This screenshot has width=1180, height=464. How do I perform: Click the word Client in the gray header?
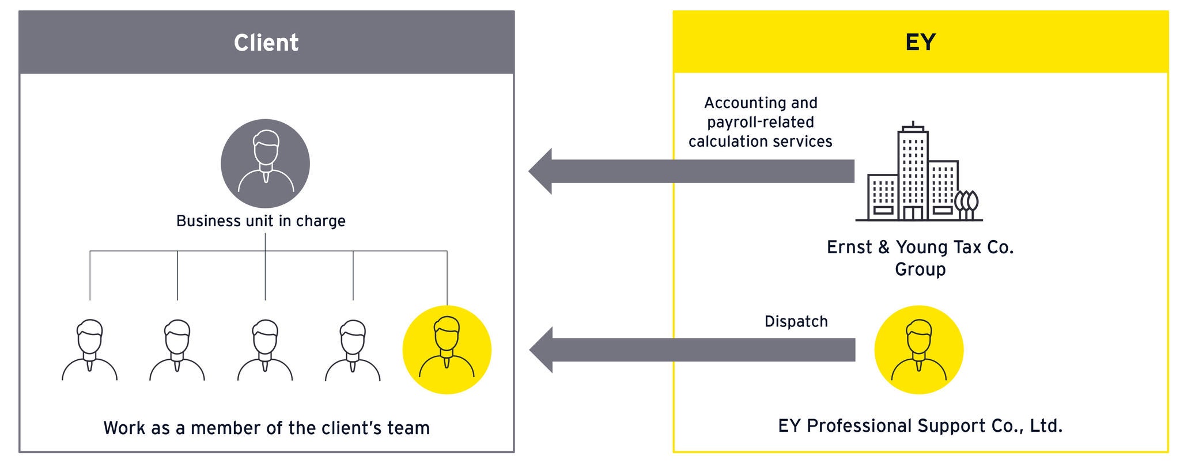pyautogui.click(x=266, y=43)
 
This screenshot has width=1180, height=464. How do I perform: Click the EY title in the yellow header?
pyautogui.click(x=920, y=43)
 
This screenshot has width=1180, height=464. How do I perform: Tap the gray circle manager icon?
pyautogui.click(x=265, y=164)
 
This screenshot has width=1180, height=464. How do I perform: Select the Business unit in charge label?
pyautogui.click(x=260, y=221)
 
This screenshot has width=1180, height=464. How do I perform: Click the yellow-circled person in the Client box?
pyautogui.click(x=447, y=349)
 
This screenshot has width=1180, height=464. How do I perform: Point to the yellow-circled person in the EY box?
pyautogui.click(x=918, y=349)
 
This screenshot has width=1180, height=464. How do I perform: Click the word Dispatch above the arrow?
pyautogui.click(x=796, y=321)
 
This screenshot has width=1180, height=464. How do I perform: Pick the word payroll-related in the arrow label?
pyautogui.click(x=761, y=122)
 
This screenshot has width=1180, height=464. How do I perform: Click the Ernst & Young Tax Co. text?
pyautogui.click(x=920, y=248)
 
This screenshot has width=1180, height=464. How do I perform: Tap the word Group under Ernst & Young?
pyautogui.click(x=920, y=269)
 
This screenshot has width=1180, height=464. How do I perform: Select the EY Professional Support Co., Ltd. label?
pyautogui.click(x=920, y=426)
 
